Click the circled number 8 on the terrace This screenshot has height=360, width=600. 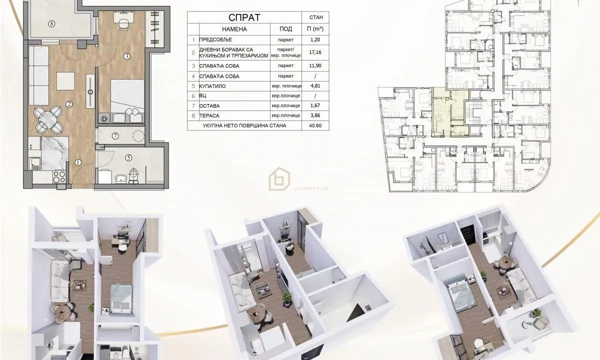point(51,23)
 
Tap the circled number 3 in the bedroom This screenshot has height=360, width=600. point(127,56)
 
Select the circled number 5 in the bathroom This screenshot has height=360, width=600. point(128,157)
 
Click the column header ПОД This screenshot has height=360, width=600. point(285,29)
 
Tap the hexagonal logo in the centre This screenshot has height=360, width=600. point(278,178)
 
